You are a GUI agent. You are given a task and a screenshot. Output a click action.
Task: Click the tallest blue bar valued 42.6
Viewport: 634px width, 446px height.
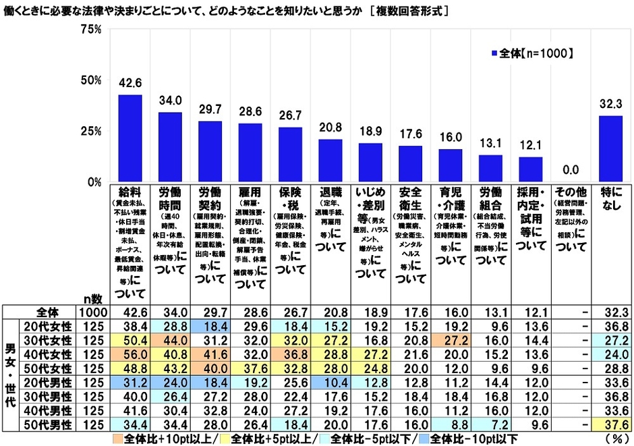pos(130,138)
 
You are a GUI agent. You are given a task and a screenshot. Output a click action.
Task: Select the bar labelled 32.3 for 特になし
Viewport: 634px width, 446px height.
pos(611,148)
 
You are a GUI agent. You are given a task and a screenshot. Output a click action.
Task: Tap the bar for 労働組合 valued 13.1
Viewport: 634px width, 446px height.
pos(491,168)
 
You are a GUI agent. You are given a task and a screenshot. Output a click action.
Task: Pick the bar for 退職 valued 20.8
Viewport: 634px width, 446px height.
pos(330,161)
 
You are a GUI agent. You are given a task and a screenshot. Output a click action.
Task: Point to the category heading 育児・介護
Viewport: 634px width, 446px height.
pos(451,199)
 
